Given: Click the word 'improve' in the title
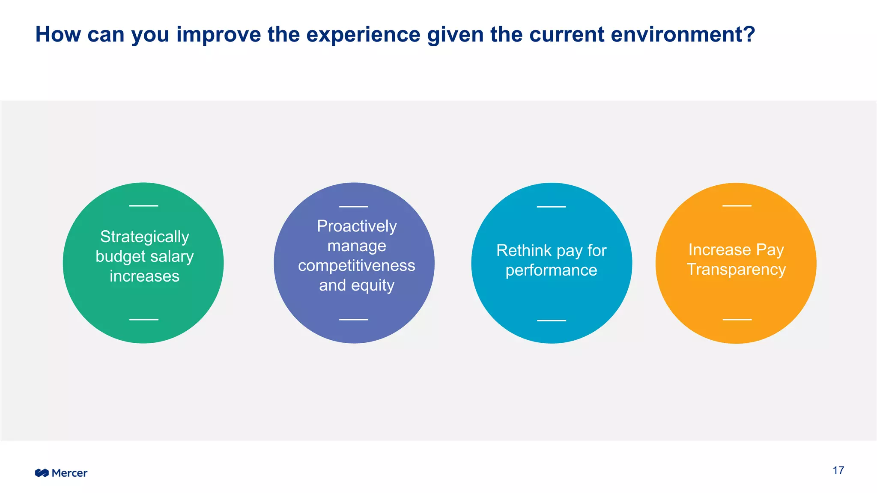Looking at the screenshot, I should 218,35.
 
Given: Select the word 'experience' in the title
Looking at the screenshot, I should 363,35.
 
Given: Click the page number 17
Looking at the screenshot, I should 838,471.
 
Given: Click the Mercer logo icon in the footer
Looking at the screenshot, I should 42,473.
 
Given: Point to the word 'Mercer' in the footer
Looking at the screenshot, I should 69,473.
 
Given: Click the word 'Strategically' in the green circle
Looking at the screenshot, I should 144,237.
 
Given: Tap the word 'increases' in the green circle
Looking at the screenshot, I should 144,276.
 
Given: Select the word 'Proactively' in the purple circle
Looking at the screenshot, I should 357,226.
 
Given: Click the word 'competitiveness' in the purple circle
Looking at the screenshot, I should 357,266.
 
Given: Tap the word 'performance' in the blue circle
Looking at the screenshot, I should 551,270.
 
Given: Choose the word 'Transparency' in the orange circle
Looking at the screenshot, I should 736,270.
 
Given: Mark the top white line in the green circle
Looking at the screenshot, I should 143,206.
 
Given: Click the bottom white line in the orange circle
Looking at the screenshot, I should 737,319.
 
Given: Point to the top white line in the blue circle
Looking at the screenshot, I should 551,207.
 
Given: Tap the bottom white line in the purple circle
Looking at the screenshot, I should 354,319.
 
